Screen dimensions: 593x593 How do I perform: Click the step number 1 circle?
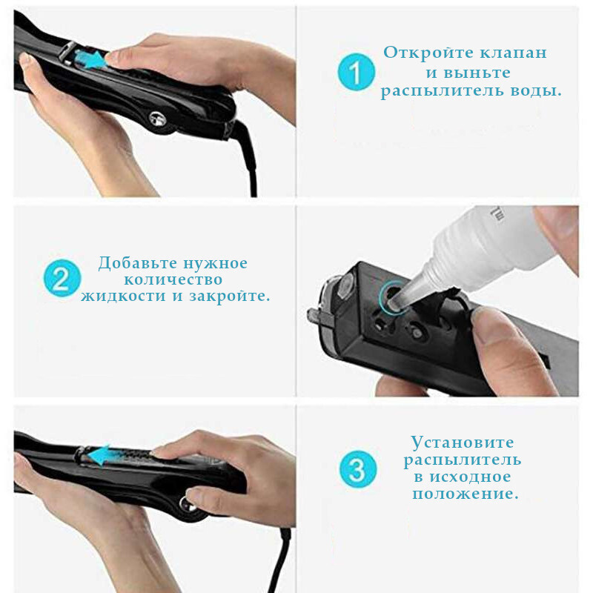tap(357, 72)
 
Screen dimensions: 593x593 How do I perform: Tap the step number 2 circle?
tap(62, 279)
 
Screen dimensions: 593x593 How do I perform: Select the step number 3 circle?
tap(358, 469)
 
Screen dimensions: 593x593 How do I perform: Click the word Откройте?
tap(429, 53)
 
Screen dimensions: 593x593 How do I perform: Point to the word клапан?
tap(514, 53)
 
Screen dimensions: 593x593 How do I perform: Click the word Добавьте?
tap(137, 263)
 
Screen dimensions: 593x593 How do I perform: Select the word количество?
tap(173, 279)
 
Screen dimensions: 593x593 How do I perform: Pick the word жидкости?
tap(123, 295)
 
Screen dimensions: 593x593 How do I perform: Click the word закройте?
tap(230, 296)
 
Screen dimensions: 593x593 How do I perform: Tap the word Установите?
tap(463, 443)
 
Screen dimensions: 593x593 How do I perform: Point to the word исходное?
tap(470, 477)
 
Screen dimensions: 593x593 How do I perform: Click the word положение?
tap(466, 494)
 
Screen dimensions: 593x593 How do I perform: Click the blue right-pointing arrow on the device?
tap(90, 59)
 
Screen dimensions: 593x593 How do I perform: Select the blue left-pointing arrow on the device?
tap(99, 454)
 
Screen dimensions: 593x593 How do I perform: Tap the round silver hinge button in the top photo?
tap(158, 119)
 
